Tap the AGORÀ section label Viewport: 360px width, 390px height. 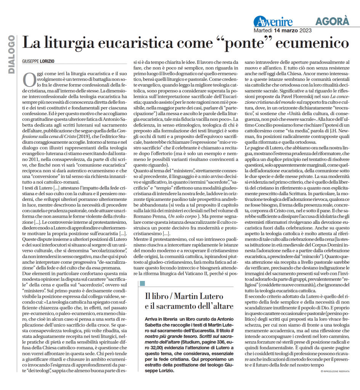pyautogui.click(x=332, y=21)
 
